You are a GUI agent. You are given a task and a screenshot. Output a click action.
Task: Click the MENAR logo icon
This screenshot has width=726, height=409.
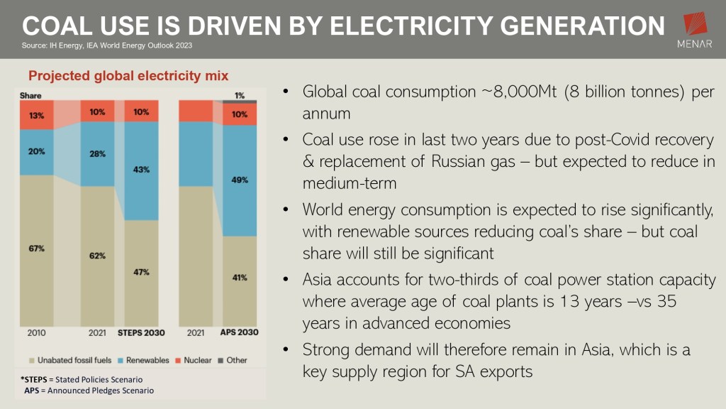click(696, 25)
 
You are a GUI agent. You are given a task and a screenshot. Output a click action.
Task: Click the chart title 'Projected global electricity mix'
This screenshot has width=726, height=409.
click(128, 76)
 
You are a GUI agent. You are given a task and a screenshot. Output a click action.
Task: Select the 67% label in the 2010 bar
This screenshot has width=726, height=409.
click(37, 249)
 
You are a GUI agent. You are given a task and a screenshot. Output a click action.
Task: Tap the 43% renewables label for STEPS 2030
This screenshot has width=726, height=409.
click(140, 170)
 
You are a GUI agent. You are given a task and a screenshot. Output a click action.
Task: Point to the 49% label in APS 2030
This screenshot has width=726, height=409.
click(240, 180)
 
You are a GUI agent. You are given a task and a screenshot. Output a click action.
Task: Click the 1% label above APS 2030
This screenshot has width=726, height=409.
click(240, 96)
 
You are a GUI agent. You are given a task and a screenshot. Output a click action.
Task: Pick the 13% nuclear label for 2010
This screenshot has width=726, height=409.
click(37, 116)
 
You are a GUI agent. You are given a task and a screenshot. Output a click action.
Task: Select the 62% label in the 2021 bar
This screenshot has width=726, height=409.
click(98, 256)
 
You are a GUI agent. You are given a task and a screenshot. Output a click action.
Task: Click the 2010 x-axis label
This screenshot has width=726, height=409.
click(37, 332)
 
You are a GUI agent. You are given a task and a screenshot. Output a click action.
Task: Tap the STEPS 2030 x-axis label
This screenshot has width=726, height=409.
click(142, 332)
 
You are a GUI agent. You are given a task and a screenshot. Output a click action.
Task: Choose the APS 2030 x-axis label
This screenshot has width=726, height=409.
click(238, 332)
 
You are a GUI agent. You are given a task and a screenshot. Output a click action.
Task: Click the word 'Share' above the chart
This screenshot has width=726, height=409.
click(30, 94)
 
